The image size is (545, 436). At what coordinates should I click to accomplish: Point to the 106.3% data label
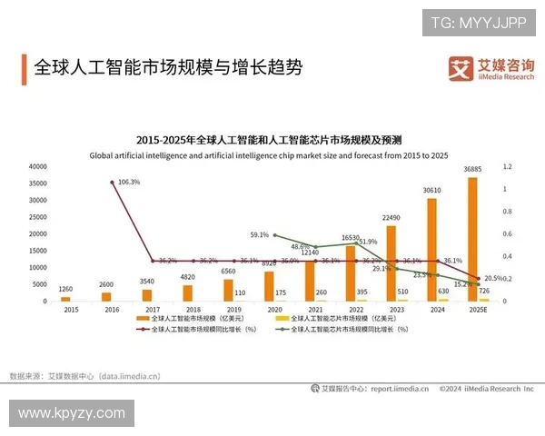pyautogui.click(x=129, y=182)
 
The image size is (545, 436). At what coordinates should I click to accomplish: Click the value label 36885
pyautogui.click(x=472, y=170)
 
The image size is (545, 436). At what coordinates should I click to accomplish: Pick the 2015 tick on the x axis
pyautogui.click(x=71, y=310)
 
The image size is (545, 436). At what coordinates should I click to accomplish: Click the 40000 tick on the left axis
pyautogui.click(x=37, y=167)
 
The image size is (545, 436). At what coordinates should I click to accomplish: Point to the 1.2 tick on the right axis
pyautogui.click(x=508, y=167)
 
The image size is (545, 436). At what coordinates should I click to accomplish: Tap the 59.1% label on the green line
pyautogui.click(x=260, y=235)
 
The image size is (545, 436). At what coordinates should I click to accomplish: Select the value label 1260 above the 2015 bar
pyautogui.click(x=65, y=288)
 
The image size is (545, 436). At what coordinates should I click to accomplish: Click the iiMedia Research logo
pyautogui.click(x=491, y=67)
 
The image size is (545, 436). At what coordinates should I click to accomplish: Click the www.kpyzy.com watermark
pyautogui.click(x=71, y=413)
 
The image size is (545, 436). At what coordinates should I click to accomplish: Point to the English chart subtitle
pyautogui.click(x=269, y=155)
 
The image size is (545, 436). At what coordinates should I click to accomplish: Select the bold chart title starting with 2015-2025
pyautogui.click(x=269, y=140)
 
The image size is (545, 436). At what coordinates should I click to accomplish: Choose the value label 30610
pyautogui.click(x=431, y=191)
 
